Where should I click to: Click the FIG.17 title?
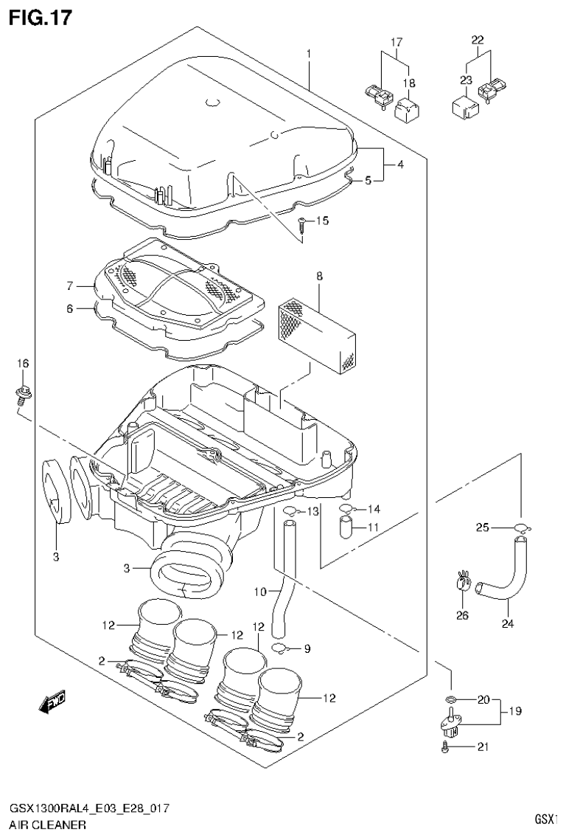41,17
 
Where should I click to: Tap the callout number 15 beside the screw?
322,221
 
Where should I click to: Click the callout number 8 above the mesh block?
320,277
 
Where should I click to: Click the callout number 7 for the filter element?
70,285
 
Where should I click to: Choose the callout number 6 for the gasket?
70,309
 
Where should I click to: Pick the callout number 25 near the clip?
482,527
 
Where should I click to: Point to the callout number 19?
514,712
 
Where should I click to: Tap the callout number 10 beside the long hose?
259,591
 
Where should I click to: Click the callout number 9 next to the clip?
307,649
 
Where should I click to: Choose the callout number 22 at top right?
478,40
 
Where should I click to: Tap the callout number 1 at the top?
309,54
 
